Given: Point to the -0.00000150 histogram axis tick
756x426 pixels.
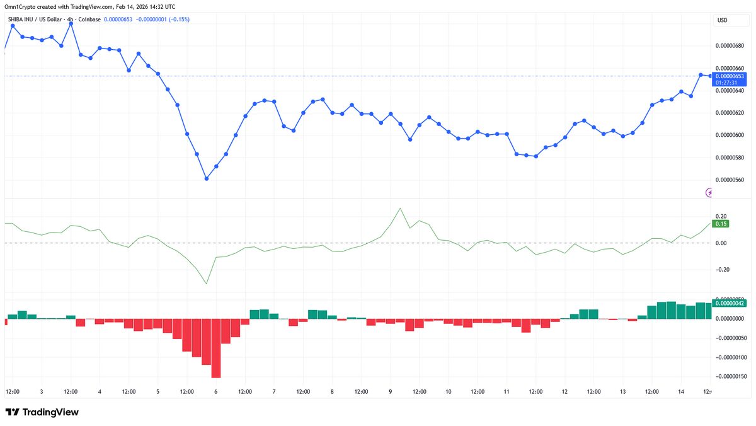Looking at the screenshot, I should coord(731,376).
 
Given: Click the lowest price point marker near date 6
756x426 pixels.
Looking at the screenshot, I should coord(207,179).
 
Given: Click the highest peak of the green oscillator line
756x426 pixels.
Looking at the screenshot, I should coord(400,209).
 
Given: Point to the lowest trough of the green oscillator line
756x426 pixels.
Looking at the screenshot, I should coord(207,284).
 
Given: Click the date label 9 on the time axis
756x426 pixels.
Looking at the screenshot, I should coord(390,391).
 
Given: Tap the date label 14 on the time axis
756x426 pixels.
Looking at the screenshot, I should coord(680,391).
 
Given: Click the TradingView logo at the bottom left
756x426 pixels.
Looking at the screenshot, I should coord(42,412).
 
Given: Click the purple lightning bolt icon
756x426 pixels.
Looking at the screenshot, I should coord(711,192).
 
